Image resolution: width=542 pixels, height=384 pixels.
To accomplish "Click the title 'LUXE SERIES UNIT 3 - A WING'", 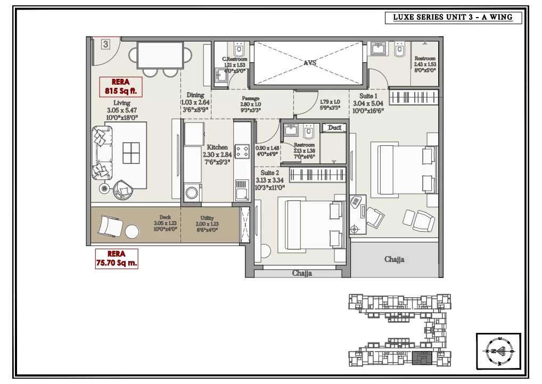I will (453, 18).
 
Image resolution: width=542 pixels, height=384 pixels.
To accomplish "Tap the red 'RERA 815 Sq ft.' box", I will (121, 87).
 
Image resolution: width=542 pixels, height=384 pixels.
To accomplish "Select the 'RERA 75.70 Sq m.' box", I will (116, 258).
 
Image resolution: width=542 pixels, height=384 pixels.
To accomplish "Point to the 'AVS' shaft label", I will (310, 63).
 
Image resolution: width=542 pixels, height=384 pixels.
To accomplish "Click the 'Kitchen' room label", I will (217, 147).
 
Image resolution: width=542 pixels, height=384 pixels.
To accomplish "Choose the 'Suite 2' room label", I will (270, 173).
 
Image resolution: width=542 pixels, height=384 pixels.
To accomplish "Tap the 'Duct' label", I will (334, 128).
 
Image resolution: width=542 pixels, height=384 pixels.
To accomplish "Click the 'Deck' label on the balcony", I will (166, 217).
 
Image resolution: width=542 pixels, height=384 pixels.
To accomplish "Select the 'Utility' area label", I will (207, 218).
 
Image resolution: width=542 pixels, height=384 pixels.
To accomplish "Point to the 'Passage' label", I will (250, 99).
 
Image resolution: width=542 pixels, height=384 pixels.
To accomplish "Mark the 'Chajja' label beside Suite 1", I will (394, 259).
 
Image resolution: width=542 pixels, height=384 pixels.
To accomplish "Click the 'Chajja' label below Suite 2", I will (302, 273).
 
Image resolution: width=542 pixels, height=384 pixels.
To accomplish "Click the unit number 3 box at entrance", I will (105, 44).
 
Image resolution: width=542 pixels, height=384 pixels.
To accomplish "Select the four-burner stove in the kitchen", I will (242, 151).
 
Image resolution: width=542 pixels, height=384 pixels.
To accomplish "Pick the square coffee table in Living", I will (131, 153).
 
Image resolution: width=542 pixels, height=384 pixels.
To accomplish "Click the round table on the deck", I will (132, 231).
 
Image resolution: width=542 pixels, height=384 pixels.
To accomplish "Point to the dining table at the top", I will (160, 54).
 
